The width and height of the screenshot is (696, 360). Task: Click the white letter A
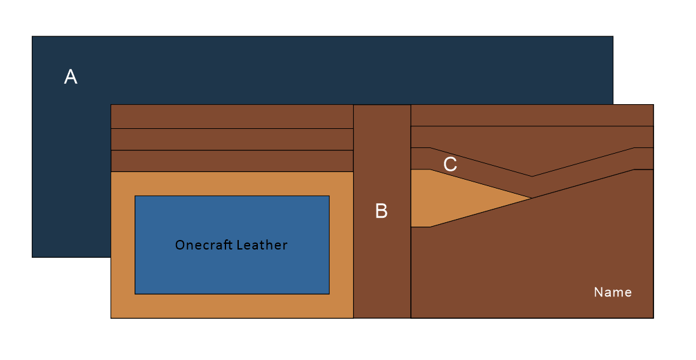(x=70, y=77)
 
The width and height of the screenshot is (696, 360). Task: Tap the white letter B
(x=381, y=211)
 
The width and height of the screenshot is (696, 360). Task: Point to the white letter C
(x=450, y=164)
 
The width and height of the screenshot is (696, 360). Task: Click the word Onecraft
(x=202, y=245)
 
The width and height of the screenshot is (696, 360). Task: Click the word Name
(x=613, y=292)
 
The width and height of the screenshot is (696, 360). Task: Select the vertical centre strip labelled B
(x=382, y=267)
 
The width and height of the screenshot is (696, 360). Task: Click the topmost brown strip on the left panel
(x=232, y=116)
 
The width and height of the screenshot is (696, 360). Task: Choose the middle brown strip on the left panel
(x=232, y=139)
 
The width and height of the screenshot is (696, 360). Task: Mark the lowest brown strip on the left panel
(x=232, y=161)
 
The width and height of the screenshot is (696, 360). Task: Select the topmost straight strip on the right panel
(x=532, y=115)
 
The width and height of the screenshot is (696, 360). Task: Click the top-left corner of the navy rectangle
(x=32, y=37)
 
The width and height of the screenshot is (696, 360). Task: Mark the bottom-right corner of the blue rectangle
(x=328, y=293)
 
